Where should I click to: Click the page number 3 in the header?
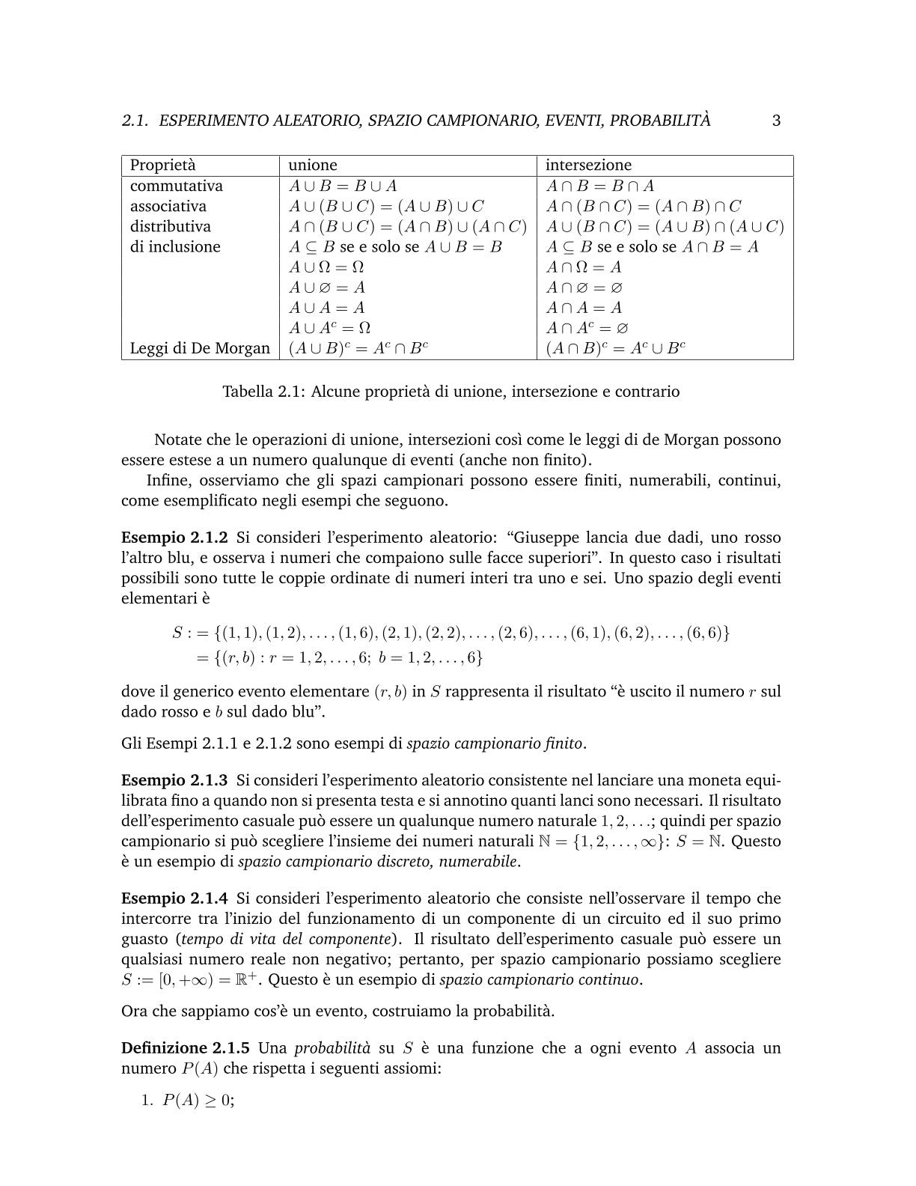[x=776, y=121]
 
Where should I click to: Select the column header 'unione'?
[x=313, y=165]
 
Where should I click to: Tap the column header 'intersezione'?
[x=588, y=165]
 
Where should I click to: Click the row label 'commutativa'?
[x=177, y=186]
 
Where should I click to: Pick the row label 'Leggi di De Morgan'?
[x=200, y=348]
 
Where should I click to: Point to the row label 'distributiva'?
[x=171, y=227]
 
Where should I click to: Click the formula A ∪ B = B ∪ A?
[x=343, y=186]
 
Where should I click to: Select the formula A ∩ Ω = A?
[x=584, y=267]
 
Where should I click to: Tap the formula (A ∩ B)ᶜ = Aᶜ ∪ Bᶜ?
[x=616, y=348]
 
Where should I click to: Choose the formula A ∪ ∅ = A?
[x=327, y=288]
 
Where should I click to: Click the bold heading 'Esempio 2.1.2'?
[x=174, y=538]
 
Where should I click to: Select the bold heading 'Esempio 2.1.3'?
[x=174, y=780]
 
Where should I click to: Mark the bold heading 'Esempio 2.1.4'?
[x=174, y=898]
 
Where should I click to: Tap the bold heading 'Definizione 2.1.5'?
[x=186, y=1048]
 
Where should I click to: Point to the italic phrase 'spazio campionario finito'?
[x=495, y=743]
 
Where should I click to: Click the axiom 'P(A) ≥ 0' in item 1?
[x=197, y=1101]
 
